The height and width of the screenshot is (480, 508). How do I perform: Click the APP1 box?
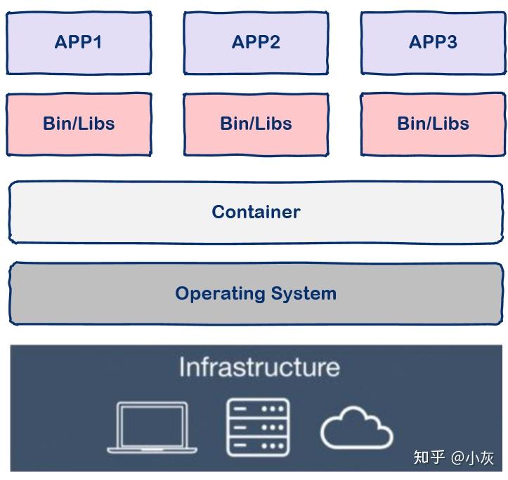coord(79,43)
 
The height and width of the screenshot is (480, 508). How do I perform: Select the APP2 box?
coord(256,43)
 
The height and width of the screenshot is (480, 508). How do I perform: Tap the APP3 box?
coord(433,43)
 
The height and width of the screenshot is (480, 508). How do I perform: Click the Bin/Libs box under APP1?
coord(79,124)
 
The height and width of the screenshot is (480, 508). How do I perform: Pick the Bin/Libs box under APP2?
coord(256,124)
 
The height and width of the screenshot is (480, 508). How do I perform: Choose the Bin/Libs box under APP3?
coord(433,124)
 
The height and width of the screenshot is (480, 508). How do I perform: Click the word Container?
coord(256,212)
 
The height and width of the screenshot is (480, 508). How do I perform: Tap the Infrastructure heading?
coord(259,367)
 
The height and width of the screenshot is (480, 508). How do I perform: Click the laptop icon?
coord(152,427)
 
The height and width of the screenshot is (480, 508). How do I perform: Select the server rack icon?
coord(257,427)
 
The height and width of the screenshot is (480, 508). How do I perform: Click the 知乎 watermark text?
coord(429,458)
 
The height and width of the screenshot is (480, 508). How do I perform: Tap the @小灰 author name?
coord(473,458)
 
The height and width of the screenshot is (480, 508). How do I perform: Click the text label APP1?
coord(79,42)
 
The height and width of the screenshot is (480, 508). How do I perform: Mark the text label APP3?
coord(433,42)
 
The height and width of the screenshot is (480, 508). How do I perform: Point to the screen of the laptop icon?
coord(152,423)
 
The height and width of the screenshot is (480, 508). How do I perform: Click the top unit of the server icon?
coord(257,409)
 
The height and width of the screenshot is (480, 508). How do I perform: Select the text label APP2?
coord(256,42)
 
